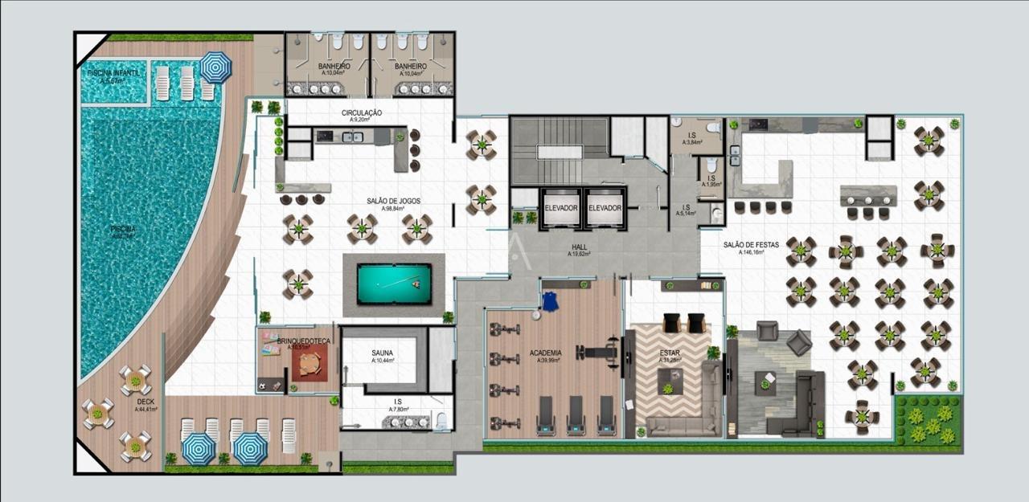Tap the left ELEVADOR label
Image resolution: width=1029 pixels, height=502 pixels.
point(561,208)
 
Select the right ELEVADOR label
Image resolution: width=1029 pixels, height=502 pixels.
point(605,208)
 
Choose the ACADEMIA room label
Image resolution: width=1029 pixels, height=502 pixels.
point(545,353)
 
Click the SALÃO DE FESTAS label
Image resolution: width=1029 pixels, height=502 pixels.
point(751,245)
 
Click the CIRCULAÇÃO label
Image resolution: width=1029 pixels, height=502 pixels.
point(361,113)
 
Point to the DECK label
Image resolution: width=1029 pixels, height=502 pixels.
point(146,402)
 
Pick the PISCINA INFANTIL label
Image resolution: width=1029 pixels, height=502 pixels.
point(114,73)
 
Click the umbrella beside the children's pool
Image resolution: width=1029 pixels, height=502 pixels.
point(215,67)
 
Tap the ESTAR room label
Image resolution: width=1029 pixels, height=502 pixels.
point(670,352)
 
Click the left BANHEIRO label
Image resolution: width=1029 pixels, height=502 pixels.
point(332,67)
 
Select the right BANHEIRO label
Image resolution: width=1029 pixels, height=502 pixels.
point(410,67)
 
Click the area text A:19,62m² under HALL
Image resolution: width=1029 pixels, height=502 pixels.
point(580,254)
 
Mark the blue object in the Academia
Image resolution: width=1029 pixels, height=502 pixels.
point(550,302)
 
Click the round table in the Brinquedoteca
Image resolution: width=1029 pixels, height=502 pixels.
point(310,366)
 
